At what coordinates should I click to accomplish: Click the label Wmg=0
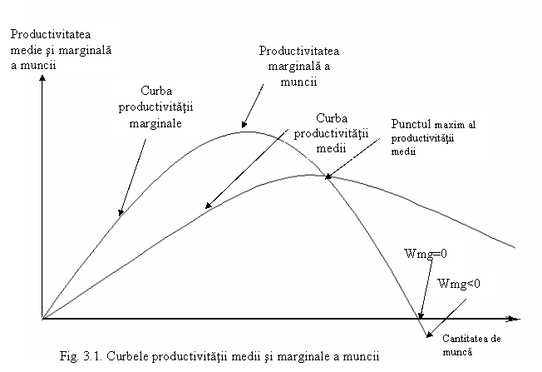426,254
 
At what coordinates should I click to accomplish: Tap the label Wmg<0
459,284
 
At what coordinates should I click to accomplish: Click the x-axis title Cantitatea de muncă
471,345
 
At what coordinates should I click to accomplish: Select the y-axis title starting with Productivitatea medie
61,50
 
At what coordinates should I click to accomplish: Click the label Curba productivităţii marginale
156,107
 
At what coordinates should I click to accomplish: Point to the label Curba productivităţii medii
331,133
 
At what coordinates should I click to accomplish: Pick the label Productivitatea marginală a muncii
299,66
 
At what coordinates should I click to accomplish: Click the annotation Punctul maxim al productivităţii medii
433,137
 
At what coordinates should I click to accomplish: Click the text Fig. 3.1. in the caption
81,356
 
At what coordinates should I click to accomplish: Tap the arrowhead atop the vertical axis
42,78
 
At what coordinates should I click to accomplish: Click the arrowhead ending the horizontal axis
515,319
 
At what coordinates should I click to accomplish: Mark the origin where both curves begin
42,319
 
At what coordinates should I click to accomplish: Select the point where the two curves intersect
326,176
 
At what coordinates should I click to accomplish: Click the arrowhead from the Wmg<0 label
429,335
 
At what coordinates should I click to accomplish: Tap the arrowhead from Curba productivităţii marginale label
121,213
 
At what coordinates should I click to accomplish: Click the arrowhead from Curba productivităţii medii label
208,206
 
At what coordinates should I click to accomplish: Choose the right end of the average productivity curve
515,247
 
